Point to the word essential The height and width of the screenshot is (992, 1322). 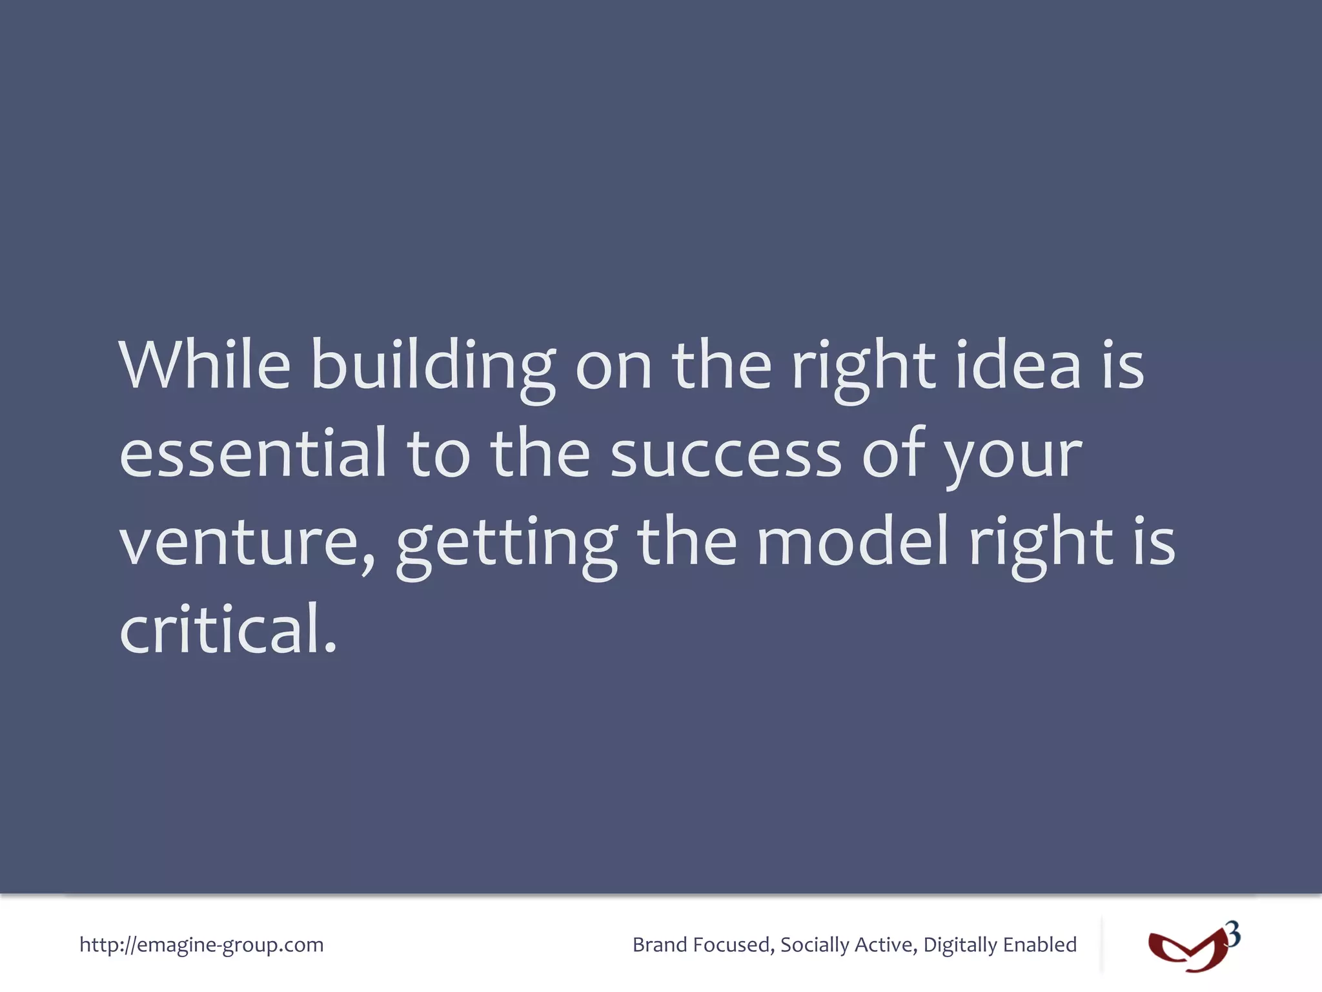[253, 453]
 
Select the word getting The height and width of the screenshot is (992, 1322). [507, 546]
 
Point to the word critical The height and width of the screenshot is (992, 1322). [228, 630]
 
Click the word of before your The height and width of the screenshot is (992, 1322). [894, 453]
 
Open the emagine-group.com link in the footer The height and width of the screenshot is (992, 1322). [201, 945]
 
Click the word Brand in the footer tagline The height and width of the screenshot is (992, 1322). [659, 945]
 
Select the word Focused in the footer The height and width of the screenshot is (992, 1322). [733, 945]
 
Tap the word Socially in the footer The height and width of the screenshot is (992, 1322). [814, 945]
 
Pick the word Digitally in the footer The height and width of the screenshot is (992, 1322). [959, 945]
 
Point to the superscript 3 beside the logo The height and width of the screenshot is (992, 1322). [1233, 935]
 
